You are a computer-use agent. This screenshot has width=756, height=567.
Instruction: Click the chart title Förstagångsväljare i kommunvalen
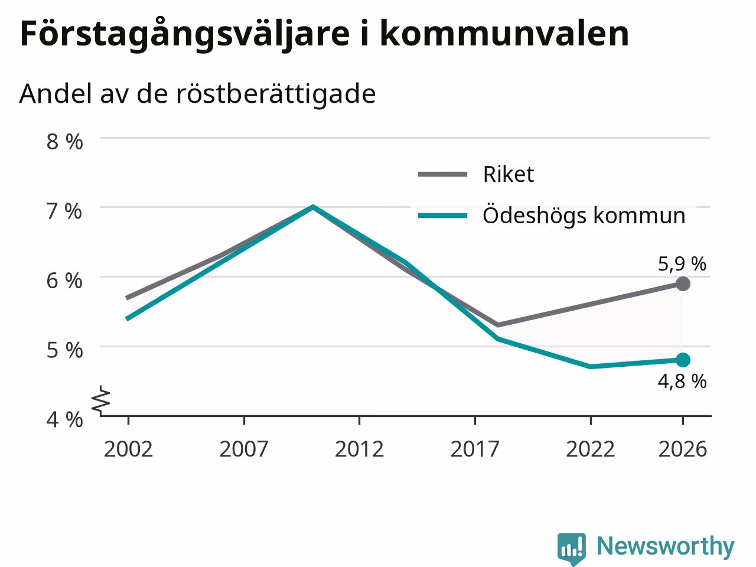coord(324,34)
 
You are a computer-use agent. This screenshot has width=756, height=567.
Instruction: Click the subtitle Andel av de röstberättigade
coord(197,94)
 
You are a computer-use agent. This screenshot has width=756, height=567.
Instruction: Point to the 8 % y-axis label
coord(65,142)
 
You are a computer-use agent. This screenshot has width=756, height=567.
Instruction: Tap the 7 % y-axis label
coord(65,211)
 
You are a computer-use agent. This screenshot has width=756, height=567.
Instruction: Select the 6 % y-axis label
coord(65,281)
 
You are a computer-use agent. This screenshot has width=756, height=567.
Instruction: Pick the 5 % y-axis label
coord(65,350)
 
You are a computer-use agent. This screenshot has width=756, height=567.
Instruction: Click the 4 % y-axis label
coord(65,420)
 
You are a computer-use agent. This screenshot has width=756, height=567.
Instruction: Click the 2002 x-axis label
coord(128,449)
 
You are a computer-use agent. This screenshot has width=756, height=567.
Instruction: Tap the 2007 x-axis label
coord(244,449)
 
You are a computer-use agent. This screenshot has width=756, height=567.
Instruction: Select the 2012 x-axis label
coord(359,449)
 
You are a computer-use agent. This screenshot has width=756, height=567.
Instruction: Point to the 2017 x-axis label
coord(475,449)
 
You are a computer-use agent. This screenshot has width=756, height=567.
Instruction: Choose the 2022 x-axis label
coord(591,449)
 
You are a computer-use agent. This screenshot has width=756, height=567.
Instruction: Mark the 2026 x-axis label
coord(683,449)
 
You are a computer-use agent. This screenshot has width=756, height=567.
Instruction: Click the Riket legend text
coord(509,174)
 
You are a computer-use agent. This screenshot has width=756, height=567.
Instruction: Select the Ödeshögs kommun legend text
coord(584,216)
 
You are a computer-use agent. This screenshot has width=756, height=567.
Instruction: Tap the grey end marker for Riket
coord(683,283)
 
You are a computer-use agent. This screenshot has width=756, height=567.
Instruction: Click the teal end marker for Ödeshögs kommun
coord(683,360)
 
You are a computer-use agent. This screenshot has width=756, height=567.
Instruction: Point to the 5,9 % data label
coord(682,265)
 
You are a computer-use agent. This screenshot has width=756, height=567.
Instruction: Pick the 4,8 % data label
coord(682,382)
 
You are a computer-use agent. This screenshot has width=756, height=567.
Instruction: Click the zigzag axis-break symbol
coord(101,399)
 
